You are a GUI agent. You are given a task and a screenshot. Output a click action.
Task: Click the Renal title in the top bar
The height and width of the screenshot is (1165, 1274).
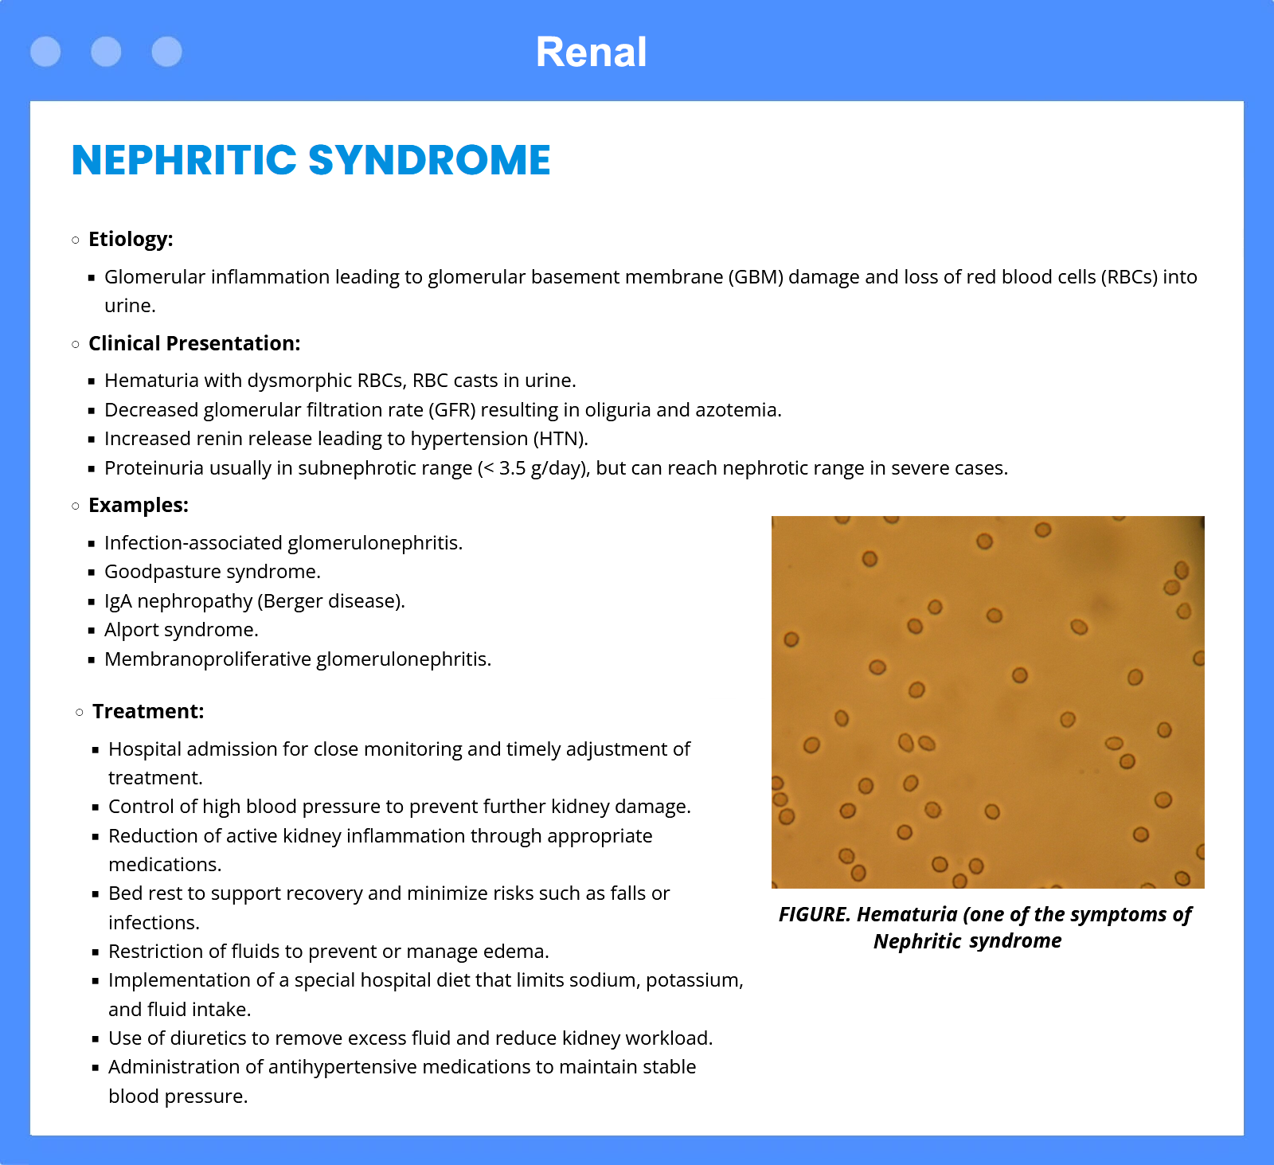click(591, 53)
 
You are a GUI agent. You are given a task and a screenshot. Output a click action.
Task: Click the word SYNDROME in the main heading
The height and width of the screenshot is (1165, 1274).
click(429, 160)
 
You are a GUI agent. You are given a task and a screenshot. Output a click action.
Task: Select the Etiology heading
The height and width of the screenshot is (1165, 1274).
click(131, 239)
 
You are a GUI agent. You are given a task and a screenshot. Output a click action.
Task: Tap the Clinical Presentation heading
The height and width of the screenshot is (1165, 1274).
click(194, 343)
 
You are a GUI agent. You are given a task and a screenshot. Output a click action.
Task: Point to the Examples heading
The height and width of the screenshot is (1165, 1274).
click(139, 505)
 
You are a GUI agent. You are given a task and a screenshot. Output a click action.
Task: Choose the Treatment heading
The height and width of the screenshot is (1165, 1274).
click(148, 711)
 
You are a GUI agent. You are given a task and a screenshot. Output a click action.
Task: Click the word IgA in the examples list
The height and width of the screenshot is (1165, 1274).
click(118, 601)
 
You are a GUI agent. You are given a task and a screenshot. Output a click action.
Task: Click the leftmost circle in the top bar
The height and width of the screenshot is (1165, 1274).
click(45, 52)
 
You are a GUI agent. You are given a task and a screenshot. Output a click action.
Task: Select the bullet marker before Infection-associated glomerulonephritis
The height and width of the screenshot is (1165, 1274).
click(92, 543)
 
